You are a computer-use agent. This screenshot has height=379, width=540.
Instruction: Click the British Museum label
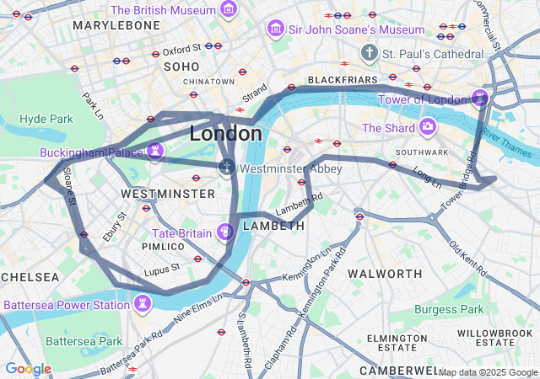(x=164, y=10)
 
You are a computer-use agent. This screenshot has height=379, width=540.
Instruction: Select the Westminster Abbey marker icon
(x=226, y=168)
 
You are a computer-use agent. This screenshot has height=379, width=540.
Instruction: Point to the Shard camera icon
(x=428, y=128)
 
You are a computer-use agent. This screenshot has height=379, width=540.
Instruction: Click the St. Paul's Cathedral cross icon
(x=369, y=53)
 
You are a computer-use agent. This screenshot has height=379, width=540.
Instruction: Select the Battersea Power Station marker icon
(x=143, y=303)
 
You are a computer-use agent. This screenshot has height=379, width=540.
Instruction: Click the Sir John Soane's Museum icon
(x=274, y=29)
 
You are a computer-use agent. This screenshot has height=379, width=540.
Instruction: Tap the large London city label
(x=225, y=133)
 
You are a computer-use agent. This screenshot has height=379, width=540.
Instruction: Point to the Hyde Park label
(x=46, y=119)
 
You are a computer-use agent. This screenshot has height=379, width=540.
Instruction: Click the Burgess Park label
(x=448, y=309)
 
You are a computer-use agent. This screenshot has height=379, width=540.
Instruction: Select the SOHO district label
(x=181, y=66)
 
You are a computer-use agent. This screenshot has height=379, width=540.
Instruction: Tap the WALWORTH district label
(x=385, y=274)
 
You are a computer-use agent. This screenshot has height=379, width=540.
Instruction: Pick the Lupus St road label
(x=162, y=269)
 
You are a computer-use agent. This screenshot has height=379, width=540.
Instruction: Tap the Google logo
(x=28, y=369)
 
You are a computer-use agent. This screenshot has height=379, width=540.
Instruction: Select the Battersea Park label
(x=84, y=341)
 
